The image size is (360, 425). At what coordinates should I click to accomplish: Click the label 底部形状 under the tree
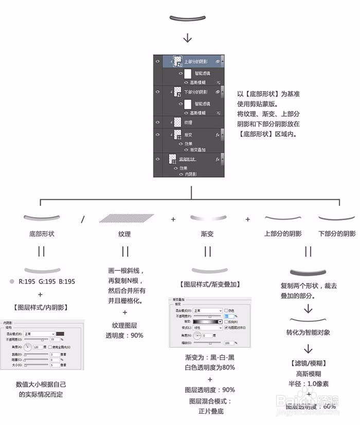coord(42,234)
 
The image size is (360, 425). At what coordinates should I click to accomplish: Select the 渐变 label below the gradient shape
coord(207,234)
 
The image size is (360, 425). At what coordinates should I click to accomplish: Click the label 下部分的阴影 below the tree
coord(337,234)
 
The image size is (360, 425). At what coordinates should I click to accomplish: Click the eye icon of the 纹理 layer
coord(158,122)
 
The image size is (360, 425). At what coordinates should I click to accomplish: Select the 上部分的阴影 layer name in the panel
coord(197,61)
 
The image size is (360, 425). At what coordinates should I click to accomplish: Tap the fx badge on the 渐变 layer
coord(218,134)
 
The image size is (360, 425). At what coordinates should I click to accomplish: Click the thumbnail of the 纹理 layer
coord(178,122)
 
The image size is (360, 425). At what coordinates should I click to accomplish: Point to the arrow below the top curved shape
coord(188,38)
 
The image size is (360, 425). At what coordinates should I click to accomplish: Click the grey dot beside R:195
coord(12,281)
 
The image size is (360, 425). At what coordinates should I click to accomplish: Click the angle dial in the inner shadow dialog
coord(28,347)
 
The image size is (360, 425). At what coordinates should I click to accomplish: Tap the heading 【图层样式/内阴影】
coord(42,308)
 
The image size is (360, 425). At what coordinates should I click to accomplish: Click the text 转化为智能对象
coord(308,333)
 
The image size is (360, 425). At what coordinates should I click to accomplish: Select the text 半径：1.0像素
coord(309,384)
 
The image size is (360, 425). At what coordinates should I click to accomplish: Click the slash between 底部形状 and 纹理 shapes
coord(83,219)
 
